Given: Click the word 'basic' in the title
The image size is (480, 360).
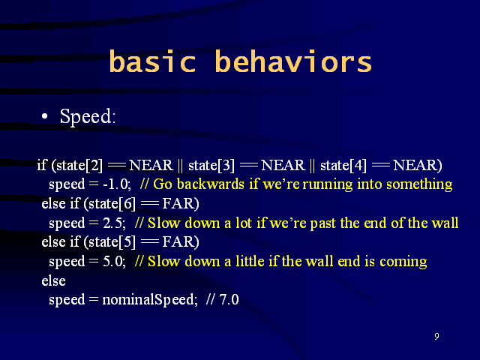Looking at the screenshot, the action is click(x=152, y=61).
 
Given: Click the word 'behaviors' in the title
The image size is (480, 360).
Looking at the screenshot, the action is click(x=293, y=61).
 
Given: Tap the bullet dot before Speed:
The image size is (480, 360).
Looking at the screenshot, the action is click(x=45, y=116).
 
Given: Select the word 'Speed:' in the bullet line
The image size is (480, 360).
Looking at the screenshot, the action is click(x=88, y=117).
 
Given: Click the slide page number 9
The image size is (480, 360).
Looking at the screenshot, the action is click(x=436, y=336).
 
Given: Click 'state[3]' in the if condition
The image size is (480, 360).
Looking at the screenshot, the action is click(x=211, y=165).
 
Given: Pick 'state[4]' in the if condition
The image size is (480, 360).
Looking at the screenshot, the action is click(x=343, y=165).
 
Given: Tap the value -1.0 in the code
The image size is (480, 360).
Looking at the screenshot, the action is click(x=117, y=184).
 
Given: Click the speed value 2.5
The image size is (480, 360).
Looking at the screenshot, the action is click(x=114, y=223).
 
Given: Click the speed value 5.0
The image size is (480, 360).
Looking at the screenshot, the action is click(x=114, y=262).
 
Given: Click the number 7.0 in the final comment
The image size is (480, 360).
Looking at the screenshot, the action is click(x=229, y=299).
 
